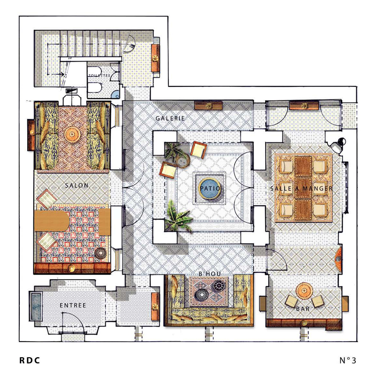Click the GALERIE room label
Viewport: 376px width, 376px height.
(170, 118)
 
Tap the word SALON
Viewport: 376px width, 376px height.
(77, 185)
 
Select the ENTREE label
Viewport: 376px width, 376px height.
(73, 305)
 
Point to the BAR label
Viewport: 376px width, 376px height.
(303, 309)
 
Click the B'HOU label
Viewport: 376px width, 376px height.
(210, 274)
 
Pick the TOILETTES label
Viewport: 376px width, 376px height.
(99, 76)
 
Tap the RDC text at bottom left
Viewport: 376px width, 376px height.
(30, 360)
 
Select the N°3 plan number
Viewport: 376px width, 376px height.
(348, 360)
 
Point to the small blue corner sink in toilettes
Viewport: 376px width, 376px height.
(116, 94)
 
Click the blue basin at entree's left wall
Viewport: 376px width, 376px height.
(36, 306)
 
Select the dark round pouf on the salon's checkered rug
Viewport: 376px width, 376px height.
(101, 254)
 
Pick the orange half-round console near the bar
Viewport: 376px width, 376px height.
(338, 258)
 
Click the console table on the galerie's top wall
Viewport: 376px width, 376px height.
(208, 105)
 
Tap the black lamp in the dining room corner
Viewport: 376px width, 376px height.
(337, 145)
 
